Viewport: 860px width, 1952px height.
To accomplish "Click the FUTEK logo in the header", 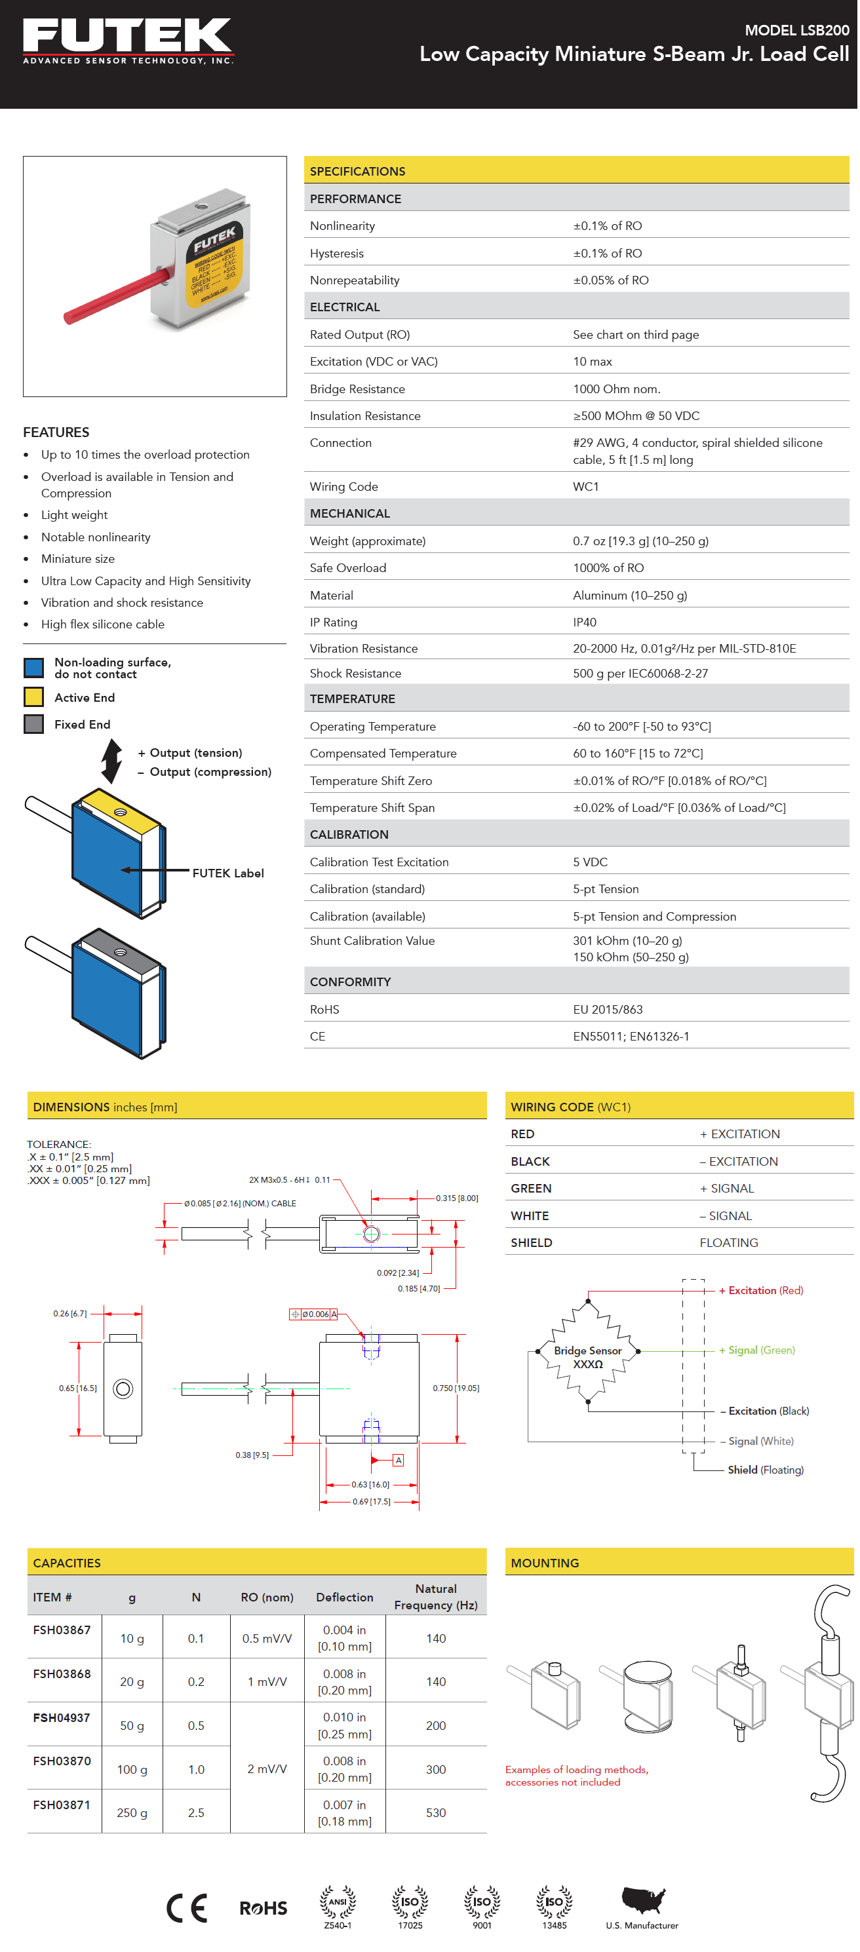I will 127,40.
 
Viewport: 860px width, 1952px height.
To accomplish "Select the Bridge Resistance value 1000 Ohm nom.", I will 616,389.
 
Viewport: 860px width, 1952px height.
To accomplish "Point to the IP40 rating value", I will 584,622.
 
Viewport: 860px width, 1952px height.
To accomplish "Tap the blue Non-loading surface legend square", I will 34,668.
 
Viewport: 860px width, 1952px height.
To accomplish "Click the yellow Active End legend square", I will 34,697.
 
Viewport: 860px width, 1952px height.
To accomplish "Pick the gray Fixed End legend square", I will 34,725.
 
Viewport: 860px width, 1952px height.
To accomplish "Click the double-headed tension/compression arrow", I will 112,761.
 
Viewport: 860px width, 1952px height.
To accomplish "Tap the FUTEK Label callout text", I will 228,873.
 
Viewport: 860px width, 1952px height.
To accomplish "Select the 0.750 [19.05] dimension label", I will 456,1388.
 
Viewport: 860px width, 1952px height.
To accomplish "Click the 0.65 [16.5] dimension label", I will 78,1388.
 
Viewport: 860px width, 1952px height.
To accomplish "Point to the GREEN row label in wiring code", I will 530,1188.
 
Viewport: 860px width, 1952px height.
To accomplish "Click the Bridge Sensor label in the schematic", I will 587,1350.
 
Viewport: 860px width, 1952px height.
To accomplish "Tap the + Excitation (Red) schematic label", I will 761,1290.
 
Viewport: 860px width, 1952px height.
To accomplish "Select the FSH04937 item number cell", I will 62,1718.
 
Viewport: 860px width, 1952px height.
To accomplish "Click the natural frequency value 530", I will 436,1812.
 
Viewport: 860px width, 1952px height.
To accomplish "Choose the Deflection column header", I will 345,1598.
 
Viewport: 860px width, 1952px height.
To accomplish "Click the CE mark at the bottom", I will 186,1907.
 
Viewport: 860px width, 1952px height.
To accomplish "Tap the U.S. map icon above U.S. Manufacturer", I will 642,1898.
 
